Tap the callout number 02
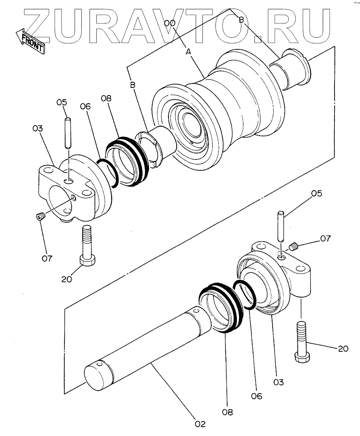[200, 424]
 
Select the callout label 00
[170, 23]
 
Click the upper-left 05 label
[61, 103]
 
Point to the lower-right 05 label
[316, 194]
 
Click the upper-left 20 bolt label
[67, 279]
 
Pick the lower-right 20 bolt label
[343, 348]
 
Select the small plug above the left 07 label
[40, 218]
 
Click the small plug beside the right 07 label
[294, 245]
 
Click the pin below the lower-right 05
[280, 227]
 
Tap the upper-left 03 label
[38, 128]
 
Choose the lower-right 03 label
[279, 382]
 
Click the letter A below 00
[188, 51]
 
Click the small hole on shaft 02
[196, 311]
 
